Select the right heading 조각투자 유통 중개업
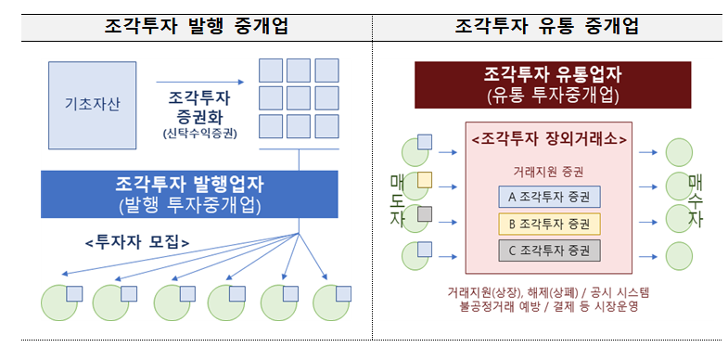[547, 26]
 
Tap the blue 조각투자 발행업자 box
[185, 194]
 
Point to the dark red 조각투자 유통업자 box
[553, 84]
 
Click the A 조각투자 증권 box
[549, 196]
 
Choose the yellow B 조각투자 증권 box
[549, 223]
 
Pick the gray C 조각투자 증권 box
[549, 250]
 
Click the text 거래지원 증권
[549, 171]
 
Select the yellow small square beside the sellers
[425, 179]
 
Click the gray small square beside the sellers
[425, 214]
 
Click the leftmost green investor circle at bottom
[61, 302]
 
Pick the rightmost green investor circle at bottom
[330, 302]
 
